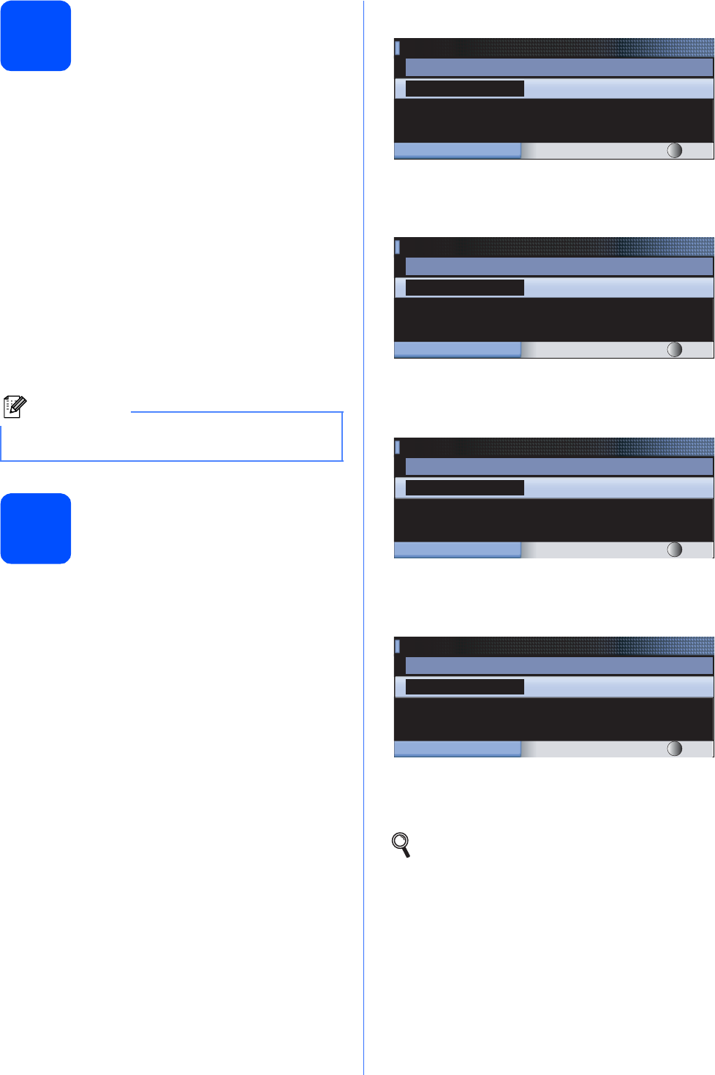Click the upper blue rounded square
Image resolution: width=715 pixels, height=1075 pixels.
36,36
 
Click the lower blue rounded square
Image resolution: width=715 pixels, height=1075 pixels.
36,528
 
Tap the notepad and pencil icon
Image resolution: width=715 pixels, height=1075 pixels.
15,406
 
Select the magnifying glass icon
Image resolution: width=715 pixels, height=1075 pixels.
401,844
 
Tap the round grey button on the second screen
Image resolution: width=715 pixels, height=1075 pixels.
675,350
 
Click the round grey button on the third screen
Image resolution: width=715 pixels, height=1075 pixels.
675,550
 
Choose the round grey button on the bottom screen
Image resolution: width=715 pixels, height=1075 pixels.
675,749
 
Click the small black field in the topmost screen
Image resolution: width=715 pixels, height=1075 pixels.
464,89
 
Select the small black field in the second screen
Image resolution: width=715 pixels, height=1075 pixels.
464,288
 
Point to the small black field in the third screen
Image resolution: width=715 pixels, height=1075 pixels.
464,487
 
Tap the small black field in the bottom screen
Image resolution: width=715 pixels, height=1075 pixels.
464,686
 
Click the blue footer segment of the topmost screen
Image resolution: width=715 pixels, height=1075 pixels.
457,151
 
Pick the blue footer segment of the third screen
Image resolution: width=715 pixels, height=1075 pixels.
457,550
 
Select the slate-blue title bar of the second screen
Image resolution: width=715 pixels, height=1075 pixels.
559,266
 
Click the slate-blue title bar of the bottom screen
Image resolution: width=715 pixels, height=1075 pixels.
559,665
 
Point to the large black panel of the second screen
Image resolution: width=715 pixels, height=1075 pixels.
553,319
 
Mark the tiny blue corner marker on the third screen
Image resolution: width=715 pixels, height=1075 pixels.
398,446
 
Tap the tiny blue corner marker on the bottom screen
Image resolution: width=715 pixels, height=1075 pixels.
398,646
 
